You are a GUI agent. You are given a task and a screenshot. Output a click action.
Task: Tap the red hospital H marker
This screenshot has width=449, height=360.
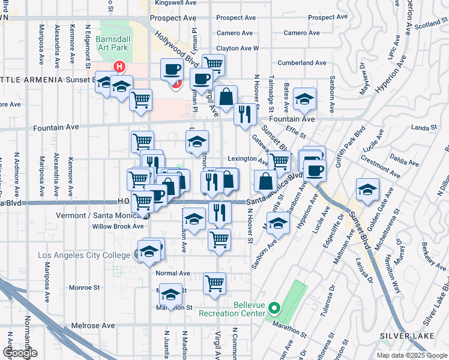click(x=120, y=67)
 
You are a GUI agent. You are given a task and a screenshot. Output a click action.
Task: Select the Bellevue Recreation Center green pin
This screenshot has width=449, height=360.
click(x=274, y=310)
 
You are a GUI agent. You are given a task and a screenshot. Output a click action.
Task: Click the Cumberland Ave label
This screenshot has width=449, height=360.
click(x=301, y=62)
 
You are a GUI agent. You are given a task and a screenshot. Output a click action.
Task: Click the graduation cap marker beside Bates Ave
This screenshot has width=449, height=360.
click(x=305, y=97)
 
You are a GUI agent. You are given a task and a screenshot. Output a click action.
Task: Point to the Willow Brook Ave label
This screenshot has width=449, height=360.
click(x=118, y=226)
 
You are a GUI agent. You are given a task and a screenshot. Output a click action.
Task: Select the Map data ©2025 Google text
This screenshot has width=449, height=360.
click(x=411, y=355)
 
